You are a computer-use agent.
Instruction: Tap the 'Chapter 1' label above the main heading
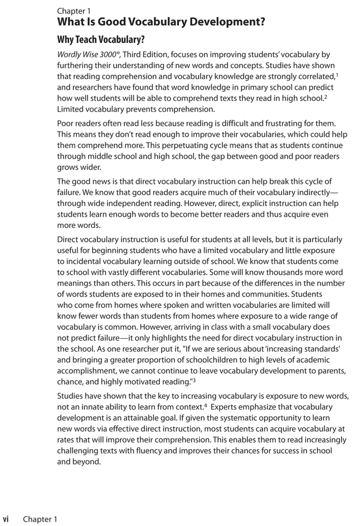point(74,11)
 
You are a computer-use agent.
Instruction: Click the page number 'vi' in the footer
point(6,519)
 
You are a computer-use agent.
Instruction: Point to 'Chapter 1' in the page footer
point(40,519)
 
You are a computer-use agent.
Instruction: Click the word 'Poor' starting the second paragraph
point(66,123)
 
